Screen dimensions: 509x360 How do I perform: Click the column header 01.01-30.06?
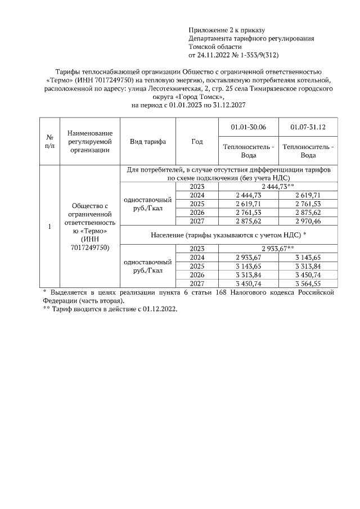coord(248,128)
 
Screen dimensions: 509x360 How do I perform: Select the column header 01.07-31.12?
coord(308,128)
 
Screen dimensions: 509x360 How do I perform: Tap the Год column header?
coord(197,142)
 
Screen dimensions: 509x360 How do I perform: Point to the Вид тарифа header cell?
coord(148,142)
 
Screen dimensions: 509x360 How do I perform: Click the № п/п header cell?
coord(49,142)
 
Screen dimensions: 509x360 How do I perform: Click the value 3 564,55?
coord(308,283)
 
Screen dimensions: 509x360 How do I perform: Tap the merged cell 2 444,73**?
coord(278,187)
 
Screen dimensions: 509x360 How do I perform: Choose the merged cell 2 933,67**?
coord(278,247)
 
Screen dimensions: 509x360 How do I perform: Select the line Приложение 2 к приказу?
coord(226,30)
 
